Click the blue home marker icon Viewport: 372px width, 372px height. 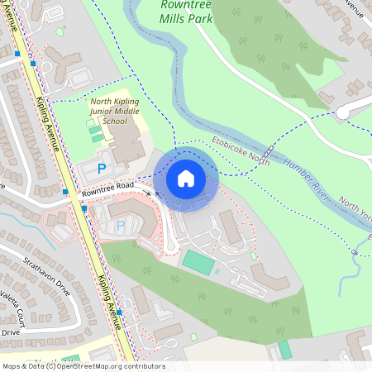point(186,179)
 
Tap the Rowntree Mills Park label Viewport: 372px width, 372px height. point(185,10)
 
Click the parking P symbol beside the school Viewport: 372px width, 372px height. point(102,168)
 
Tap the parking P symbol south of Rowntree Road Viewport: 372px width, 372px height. point(121,225)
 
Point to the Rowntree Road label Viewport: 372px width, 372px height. point(107,191)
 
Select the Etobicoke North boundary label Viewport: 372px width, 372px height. point(241,150)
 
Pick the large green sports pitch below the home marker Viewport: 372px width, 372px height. point(198,263)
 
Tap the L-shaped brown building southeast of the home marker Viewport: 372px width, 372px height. point(232,227)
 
